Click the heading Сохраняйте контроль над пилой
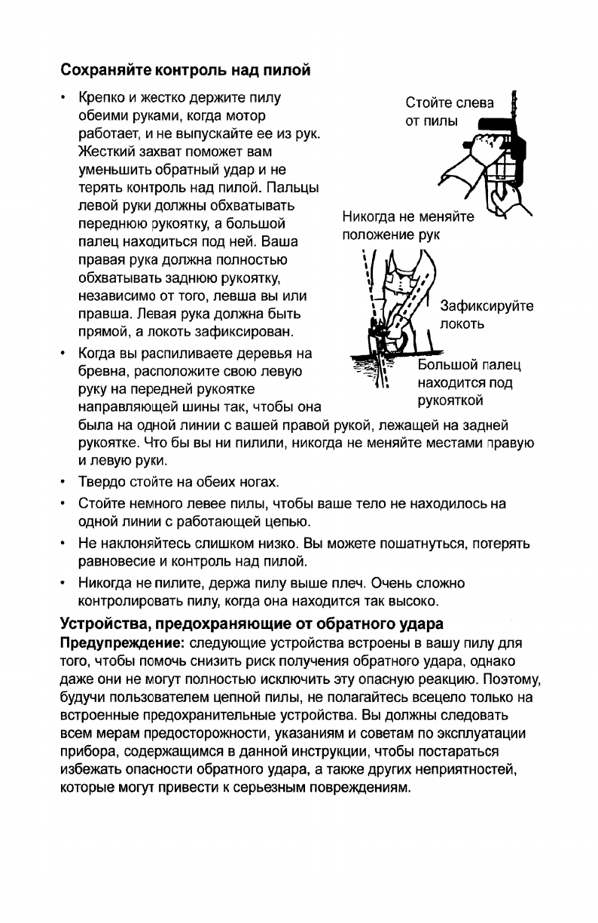pos(185,72)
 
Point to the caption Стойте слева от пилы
pos(450,112)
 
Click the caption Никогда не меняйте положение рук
pos(407,226)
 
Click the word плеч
pos(349,584)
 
